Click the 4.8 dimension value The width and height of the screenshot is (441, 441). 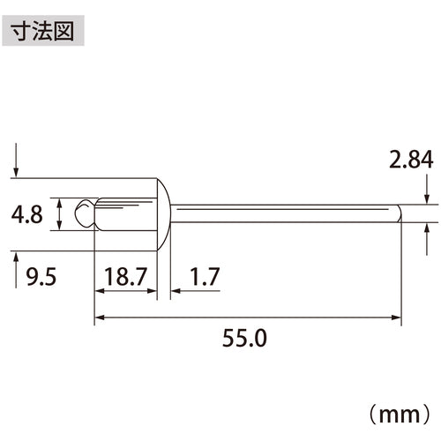(x=29, y=215)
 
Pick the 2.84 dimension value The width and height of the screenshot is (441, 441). (x=411, y=161)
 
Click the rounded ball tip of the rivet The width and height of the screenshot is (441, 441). (x=83, y=213)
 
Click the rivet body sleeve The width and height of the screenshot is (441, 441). (x=123, y=213)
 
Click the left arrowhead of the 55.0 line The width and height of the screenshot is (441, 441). (x=99, y=316)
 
